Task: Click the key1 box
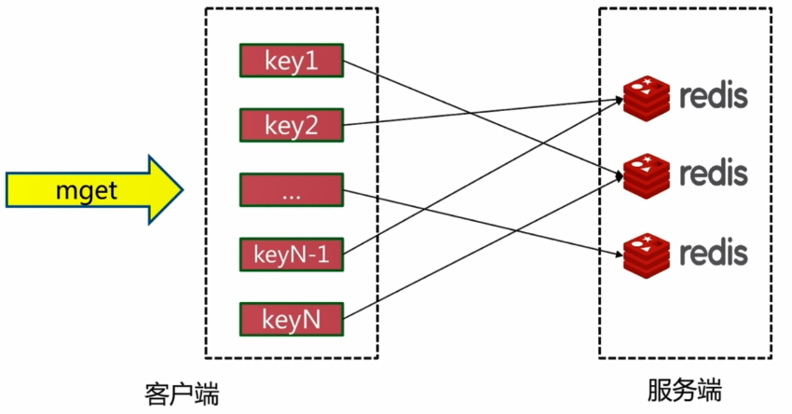tap(292, 61)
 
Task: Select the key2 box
tap(292, 125)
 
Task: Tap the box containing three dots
tap(292, 190)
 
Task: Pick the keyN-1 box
tap(292, 255)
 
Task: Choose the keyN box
tap(292, 319)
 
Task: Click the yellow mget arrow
tap(94, 189)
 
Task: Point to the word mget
tap(87, 191)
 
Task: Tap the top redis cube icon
tap(647, 98)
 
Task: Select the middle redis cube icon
tap(647, 176)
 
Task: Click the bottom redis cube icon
tap(647, 255)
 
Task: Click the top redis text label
tap(714, 95)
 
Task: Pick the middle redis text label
tap(714, 172)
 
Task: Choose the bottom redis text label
tap(714, 253)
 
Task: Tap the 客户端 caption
tap(182, 393)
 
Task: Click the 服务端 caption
tap(685, 390)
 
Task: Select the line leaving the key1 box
tap(484, 118)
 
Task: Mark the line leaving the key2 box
tap(484, 112)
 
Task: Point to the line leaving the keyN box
tap(484, 247)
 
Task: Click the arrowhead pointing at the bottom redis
tap(618, 254)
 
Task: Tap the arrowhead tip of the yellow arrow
tap(183, 190)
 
